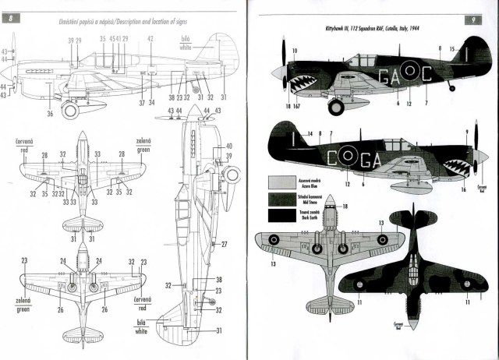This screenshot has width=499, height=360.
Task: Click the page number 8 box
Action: (14, 18)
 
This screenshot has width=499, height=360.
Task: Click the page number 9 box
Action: (473, 19)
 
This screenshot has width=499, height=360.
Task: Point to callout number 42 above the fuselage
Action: (150, 38)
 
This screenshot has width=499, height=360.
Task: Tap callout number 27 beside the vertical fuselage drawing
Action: (224, 244)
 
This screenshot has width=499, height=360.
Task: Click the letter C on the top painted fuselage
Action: (428, 74)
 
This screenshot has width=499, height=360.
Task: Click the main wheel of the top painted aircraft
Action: (337, 105)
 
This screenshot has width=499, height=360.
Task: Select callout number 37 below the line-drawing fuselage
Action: (142, 102)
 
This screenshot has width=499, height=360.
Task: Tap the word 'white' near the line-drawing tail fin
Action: (185, 48)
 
